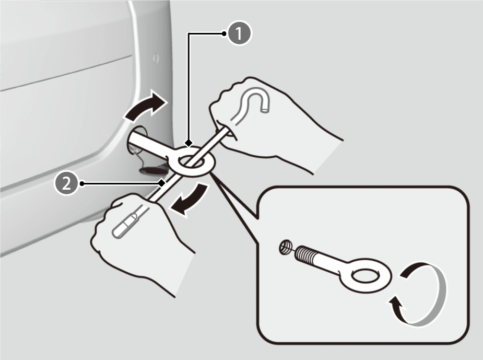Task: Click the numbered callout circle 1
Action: click(239, 33)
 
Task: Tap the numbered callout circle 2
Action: click(66, 184)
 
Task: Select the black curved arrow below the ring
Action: click(190, 199)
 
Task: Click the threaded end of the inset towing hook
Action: click(305, 253)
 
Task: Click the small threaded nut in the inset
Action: click(285, 247)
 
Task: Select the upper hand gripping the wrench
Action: click(271, 123)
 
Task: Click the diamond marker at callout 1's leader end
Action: click(189, 143)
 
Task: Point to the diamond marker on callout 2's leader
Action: click(161, 183)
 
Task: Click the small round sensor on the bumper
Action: click(156, 58)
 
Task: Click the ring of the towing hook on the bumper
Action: click(192, 161)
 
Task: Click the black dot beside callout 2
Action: click(81, 184)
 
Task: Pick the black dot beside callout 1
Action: click(224, 33)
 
